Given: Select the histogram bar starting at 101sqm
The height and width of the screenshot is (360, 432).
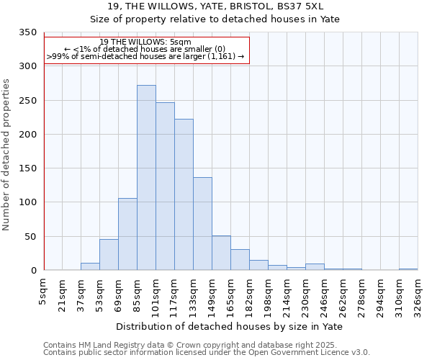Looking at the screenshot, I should (x=165, y=186).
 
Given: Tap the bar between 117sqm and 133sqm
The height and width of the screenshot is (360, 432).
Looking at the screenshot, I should (x=184, y=194).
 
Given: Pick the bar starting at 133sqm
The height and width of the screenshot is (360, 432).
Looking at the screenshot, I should (x=202, y=224).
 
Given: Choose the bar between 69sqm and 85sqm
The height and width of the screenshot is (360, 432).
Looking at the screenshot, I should (x=127, y=234).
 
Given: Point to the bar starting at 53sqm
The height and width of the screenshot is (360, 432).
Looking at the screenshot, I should (x=109, y=255).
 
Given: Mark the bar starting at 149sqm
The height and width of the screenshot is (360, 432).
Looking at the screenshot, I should (x=221, y=253).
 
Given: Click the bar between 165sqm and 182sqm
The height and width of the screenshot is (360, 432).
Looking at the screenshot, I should (x=240, y=260).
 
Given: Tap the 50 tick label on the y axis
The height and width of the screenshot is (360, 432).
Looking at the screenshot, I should (x=30, y=237).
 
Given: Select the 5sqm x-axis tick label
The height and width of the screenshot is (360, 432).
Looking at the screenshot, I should (x=44, y=291).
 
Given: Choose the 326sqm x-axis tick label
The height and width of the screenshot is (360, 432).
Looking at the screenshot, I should (x=418, y=294).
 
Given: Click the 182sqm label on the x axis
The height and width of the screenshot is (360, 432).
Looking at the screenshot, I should (x=249, y=294).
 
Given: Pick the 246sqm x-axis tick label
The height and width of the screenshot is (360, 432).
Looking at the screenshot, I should (x=324, y=294).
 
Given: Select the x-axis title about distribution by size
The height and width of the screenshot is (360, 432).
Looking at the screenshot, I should (x=229, y=326).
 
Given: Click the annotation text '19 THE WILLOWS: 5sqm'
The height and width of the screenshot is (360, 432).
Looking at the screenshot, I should (x=145, y=42).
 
